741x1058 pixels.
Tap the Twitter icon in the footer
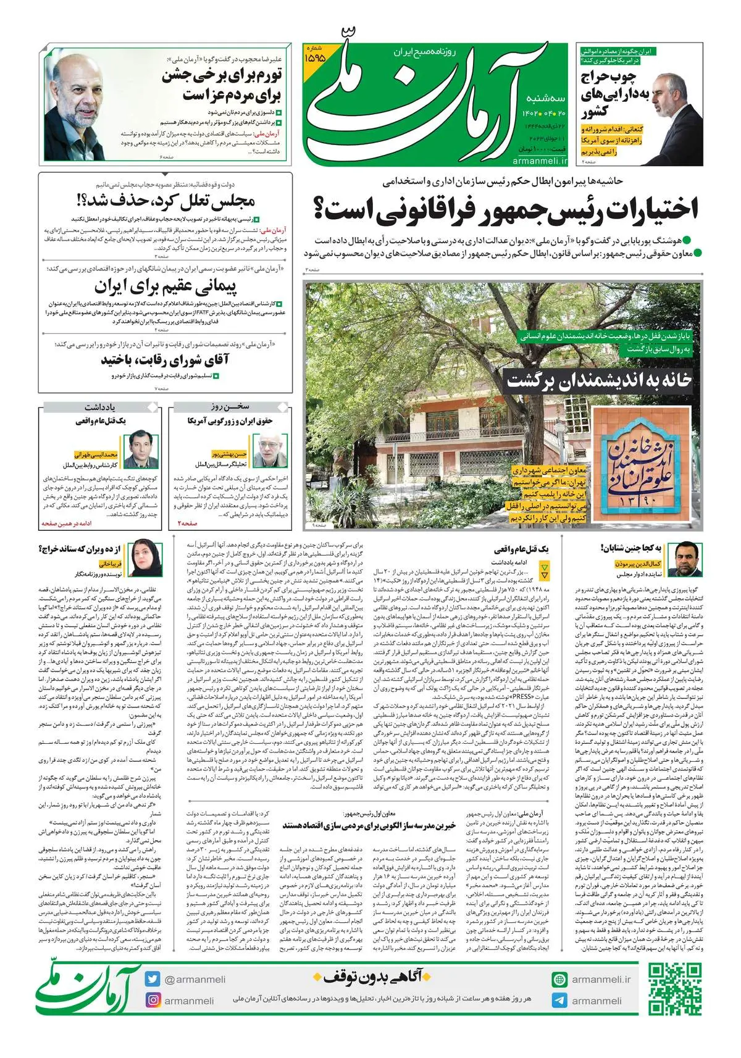pos(153,979)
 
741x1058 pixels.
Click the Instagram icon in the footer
pos(153,1000)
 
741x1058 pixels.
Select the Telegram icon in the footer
pos(559,1001)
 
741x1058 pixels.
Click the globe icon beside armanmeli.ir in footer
pos(559,979)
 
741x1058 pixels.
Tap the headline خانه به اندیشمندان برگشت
pos(599,380)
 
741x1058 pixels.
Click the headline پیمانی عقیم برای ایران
pos(165,287)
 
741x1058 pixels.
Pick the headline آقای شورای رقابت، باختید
pos(165,360)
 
